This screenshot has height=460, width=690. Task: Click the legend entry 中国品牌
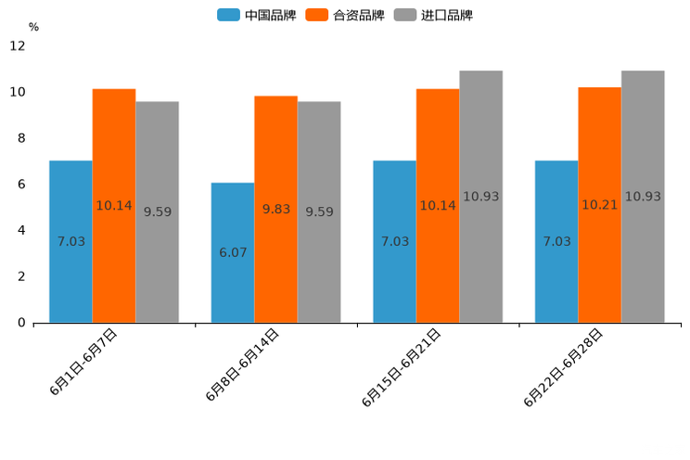coord(258,15)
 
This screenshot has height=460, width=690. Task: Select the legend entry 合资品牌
coord(346,15)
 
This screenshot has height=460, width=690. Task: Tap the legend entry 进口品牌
coord(434,15)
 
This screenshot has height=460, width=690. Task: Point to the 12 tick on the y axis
coord(18,45)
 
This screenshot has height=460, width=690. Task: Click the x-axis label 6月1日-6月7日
coord(83,363)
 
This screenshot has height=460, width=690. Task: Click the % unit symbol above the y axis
coord(33,27)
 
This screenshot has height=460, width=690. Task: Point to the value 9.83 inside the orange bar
coord(275,210)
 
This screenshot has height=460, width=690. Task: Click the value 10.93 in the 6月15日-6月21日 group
coord(480,197)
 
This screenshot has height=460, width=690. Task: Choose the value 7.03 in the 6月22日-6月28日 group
coord(556,241)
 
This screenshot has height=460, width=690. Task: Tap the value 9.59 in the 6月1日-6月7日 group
coord(158,212)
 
